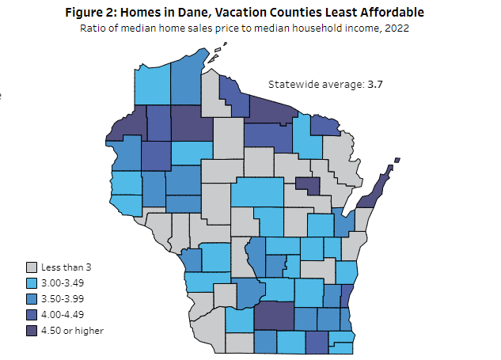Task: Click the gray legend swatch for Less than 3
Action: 32,268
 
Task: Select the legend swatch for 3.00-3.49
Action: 32,283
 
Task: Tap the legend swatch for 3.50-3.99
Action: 32,299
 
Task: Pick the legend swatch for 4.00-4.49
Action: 32,315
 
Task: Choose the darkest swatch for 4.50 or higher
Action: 32,330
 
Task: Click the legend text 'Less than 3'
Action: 66,268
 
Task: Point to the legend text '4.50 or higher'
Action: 73,330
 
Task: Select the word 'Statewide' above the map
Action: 292,84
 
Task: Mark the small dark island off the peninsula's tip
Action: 397,161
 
